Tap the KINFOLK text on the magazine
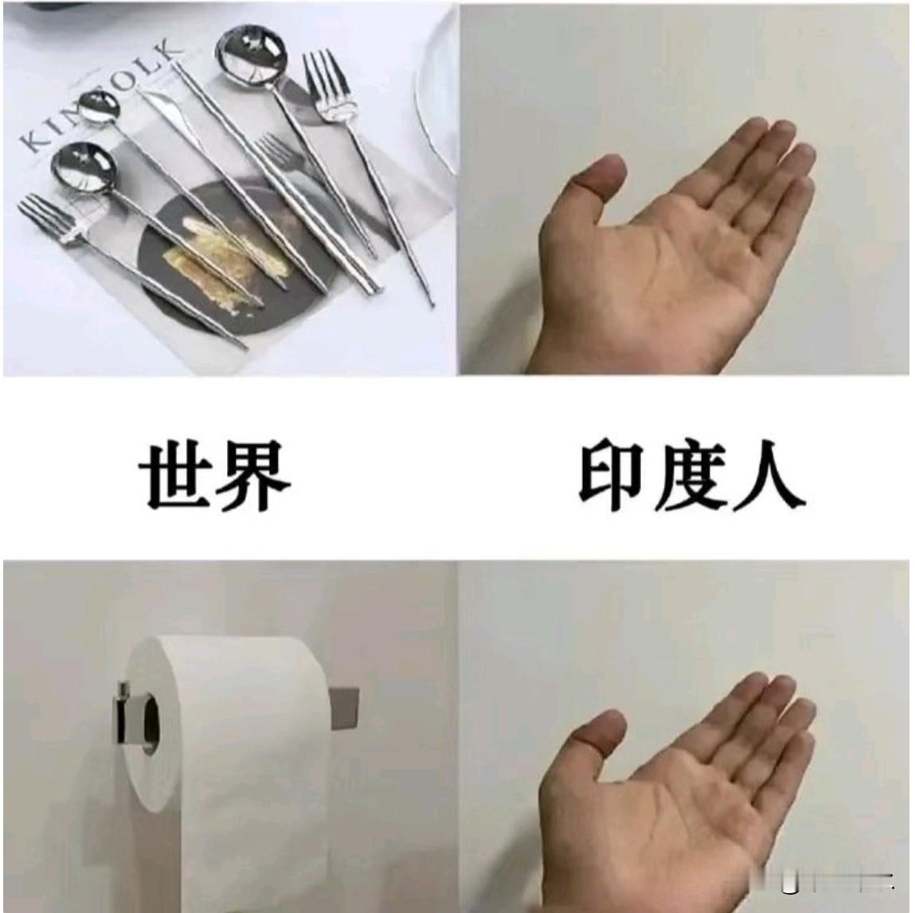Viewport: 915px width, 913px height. coord(100,96)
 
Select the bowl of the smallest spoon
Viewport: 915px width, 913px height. coord(97,107)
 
